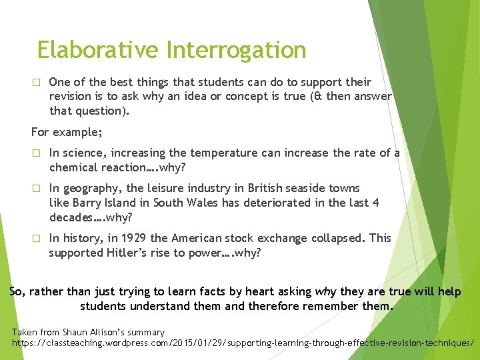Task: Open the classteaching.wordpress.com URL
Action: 243,343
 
